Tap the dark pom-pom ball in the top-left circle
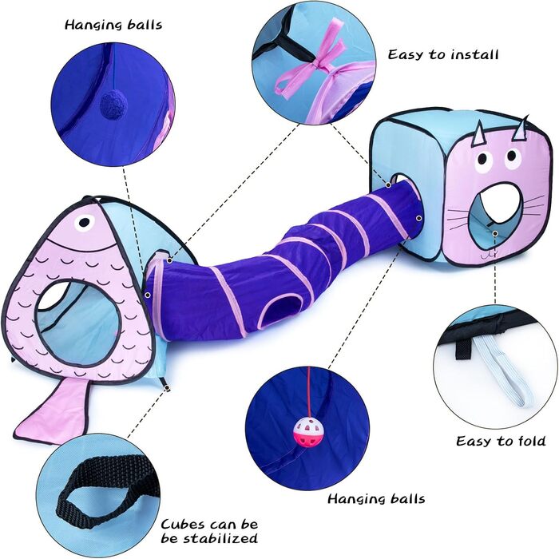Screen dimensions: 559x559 (109, 102)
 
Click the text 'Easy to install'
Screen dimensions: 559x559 (443, 55)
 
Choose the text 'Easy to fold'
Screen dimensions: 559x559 (501, 441)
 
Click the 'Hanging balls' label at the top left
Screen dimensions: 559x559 (113, 24)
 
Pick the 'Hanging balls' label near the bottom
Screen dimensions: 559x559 (376, 499)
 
